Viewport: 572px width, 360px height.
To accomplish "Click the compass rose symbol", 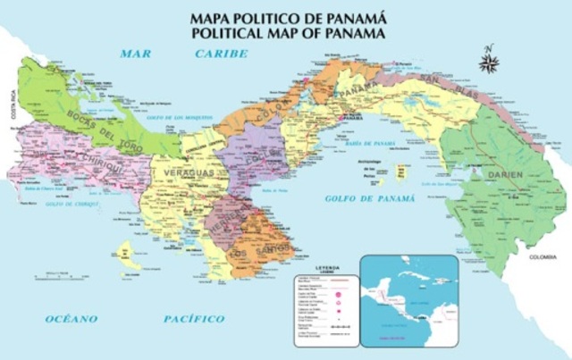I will point(489,61).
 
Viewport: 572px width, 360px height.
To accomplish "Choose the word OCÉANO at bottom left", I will point(71,318).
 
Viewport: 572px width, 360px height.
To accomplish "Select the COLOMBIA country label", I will point(543,257).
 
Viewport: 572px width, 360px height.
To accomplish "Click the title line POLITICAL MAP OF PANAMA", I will point(287,33).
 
